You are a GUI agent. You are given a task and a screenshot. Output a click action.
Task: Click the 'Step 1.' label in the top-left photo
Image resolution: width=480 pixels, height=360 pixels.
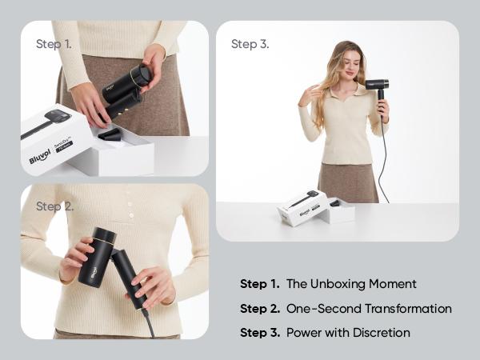point(54,44)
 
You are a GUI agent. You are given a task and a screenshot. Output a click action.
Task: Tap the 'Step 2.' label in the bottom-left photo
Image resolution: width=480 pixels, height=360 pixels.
point(54,206)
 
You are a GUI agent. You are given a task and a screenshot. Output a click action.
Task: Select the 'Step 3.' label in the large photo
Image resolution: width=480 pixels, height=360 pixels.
point(250,44)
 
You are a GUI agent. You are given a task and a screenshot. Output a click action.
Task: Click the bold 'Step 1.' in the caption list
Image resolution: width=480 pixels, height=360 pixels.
point(259,284)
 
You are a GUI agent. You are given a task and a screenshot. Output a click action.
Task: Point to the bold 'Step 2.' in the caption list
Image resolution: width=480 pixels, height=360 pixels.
point(259,308)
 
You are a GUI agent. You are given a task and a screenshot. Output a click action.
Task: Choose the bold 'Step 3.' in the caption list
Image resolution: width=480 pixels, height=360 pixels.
point(259,332)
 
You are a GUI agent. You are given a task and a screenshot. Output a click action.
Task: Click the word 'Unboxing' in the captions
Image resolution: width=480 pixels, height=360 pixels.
point(334,284)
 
